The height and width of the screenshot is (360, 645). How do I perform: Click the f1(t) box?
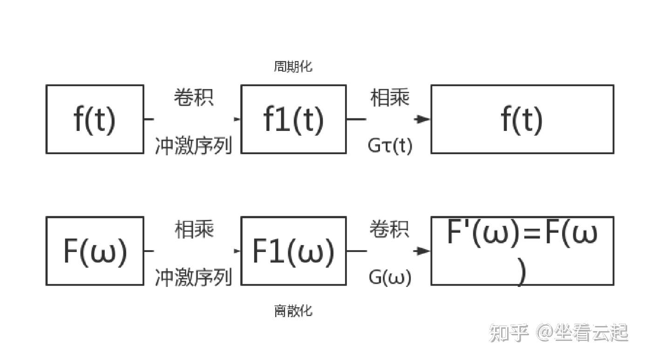tap(293, 119)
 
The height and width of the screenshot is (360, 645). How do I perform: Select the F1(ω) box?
tap(293, 251)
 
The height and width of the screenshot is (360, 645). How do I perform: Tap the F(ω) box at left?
tap(95, 251)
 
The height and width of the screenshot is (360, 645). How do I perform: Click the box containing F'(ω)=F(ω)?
tap(522, 251)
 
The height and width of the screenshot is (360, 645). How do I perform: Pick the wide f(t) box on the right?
tap(522, 119)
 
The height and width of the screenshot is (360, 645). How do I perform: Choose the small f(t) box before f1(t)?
tap(95, 119)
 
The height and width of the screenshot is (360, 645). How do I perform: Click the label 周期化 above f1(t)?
tap(293, 67)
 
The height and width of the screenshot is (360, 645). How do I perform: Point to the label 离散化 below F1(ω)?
tap(293, 311)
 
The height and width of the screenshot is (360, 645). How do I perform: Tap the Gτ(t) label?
tap(390, 146)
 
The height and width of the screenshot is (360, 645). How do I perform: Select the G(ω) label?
tap(390, 278)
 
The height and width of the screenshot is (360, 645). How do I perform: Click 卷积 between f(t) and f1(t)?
tap(194, 97)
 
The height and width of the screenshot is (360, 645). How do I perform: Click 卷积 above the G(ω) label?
tap(390, 229)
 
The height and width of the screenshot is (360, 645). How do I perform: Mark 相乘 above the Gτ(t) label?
tap(390, 97)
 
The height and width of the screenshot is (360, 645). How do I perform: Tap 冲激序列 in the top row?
tap(193, 146)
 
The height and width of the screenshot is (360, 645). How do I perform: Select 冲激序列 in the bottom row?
tap(193, 278)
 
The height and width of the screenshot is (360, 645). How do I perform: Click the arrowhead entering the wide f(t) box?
tap(423, 119)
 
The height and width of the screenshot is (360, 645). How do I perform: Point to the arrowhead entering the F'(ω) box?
tap(423, 251)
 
